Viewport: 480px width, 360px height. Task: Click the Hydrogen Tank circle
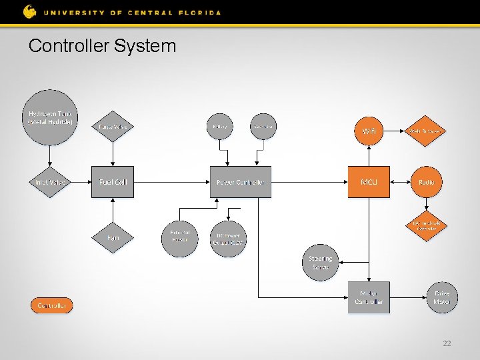pyautogui.click(x=50, y=117)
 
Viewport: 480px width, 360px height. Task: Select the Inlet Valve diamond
pyautogui.click(x=50, y=182)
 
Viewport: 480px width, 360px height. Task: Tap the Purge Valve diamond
pyautogui.click(x=113, y=126)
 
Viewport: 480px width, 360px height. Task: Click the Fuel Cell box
pyautogui.click(x=113, y=182)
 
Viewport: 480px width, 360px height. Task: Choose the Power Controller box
pyautogui.click(x=241, y=182)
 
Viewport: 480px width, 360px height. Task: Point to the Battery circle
pyautogui.click(x=219, y=126)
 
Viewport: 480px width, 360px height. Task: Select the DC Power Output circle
pyautogui.click(x=228, y=238)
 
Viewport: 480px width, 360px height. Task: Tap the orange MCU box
pyautogui.click(x=369, y=182)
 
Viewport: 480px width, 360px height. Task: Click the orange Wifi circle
pyautogui.click(x=369, y=131)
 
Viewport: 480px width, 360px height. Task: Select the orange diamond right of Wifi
pyautogui.click(x=426, y=131)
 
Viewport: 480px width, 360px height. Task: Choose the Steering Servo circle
pyautogui.click(x=321, y=263)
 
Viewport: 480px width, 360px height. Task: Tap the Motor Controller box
pyautogui.click(x=369, y=297)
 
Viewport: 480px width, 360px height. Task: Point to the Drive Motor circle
pyautogui.click(x=442, y=297)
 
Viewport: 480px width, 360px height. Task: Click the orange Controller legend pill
pyautogui.click(x=51, y=305)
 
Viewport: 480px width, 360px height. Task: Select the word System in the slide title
pyautogui.click(x=145, y=46)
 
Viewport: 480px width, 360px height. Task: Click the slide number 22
pyautogui.click(x=447, y=343)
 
